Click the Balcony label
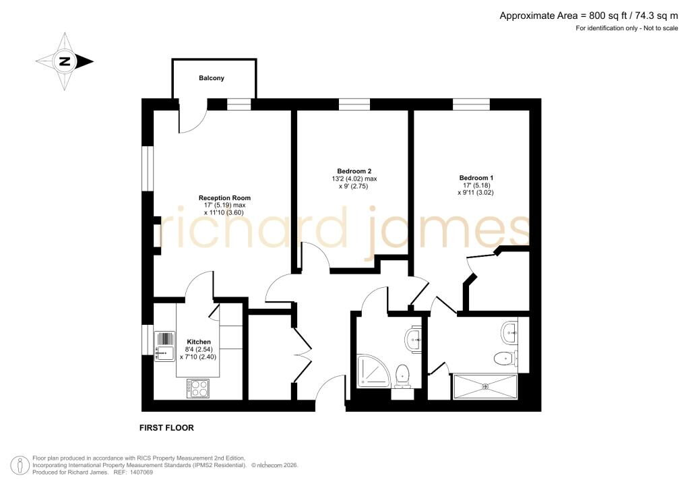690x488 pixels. coord(211,78)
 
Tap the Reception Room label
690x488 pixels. coord(224,198)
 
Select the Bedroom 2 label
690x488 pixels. coord(354,171)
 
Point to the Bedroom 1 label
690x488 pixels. coord(476,178)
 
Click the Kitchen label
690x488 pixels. coord(199,342)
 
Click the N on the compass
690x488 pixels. coord(65,61)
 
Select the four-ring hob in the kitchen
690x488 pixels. coord(198,388)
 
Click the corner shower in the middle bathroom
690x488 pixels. coord(373,372)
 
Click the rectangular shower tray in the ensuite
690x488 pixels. coord(485,387)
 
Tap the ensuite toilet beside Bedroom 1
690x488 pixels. coord(506,358)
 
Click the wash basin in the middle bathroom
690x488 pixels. coord(413,340)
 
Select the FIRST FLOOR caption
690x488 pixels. coord(166,428)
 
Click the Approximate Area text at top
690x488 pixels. coord(589,16)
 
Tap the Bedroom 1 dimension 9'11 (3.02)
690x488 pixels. coord(476,192)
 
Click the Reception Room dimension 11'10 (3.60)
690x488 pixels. coord(224,212)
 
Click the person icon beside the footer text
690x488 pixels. coord(20,466)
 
